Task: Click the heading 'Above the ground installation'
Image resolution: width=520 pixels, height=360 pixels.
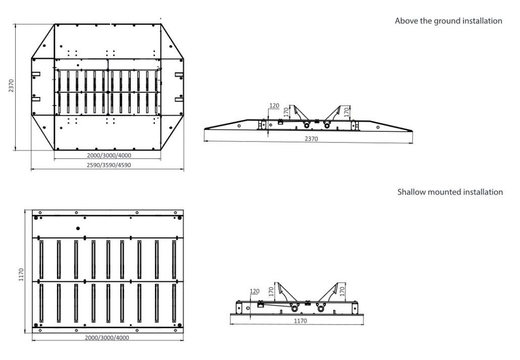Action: pyautogui.click(x=448, y=21)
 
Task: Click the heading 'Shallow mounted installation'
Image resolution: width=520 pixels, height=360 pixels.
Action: pyautogui.click(x=450, y=192)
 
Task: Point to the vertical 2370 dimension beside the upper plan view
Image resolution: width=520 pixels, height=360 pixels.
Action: pyautogui.click(x=12, y=86)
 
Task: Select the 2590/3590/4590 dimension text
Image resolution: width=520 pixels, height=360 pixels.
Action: pyautogui.click(x=109, y=165)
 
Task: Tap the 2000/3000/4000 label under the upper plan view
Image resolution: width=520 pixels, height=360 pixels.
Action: pyautogui.click(x=109, y=156)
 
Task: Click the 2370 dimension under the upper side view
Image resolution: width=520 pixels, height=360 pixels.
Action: pyautogui.click(x=311, y=139)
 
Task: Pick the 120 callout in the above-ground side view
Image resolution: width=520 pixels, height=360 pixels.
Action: pyautogui.click(x=274, y=106)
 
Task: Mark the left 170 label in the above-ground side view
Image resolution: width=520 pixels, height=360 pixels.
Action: pyautogui.click(x=286, y=113)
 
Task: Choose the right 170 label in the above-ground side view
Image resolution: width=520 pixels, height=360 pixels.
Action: pyautogui.click(x=346, y=112)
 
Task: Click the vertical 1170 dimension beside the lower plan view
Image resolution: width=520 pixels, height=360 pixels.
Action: pyautogui.click(x=21, y=275)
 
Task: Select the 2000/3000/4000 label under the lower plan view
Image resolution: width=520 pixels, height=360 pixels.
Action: pyautogui.click(x=107, y=338)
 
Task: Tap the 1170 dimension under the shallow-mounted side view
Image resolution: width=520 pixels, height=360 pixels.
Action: pyautogui.click(x=300, y=321)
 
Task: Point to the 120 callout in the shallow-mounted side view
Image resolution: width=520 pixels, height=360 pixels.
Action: pyautogui.click(x=254, y=291)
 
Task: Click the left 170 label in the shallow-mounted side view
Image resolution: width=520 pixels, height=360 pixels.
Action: pyautogui.click(x=271, y=292)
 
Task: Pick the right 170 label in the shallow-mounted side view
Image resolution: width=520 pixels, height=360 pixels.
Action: pyautogui.click(x=342, y=292)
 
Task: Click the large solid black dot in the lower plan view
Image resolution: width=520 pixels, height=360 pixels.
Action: pyautogui.click(x=78, y=228)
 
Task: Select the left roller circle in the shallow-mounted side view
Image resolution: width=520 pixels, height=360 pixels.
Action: pyautogui.click(x=294, y=308)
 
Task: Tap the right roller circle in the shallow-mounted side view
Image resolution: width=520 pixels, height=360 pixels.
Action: pyautogui.click(x=321, y=308)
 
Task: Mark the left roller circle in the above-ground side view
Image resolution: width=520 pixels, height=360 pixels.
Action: pyautogui.click(x=307, y=125)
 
